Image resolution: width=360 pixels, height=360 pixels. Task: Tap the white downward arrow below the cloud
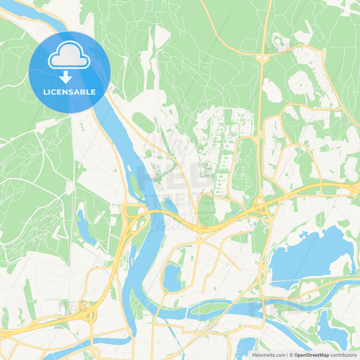[66, 77]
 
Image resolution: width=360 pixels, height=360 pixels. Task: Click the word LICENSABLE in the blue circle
[69, 92]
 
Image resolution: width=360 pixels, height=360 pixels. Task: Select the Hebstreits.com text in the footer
[269, 355]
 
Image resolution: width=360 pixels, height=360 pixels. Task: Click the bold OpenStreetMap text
[311, 355]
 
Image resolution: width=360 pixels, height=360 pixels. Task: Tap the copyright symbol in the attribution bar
[291, 355]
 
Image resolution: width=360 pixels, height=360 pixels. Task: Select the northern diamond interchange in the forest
[262, 58]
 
